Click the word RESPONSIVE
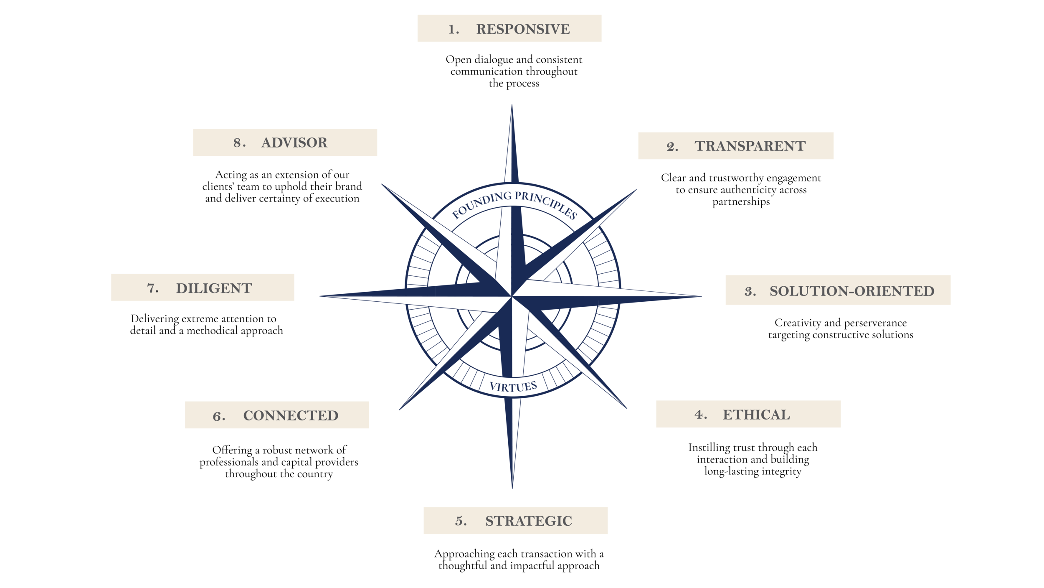click(x=523, y=29)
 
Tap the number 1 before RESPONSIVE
click(x=453, y=30)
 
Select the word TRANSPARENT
click(x=750, y=146)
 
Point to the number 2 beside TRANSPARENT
click(x=672, y=147)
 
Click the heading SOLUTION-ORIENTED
click(x=852, y=291)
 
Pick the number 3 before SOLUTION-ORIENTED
click(x=750, y=292)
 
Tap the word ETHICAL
click(x=756, y=415)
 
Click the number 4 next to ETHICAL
click(x=700, y=415)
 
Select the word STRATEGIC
click(x=528, y=521)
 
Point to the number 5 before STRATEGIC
click(x=461, y=521)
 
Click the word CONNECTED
click(x=291, y=416)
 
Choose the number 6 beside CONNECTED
click(x=219, y=416)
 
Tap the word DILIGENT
click(x=214, y=288)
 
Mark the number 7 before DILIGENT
click(x=152, y=288)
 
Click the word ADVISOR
click(x=294, y=143)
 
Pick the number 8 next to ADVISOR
click(x=239, y=143)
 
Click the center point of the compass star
click(x=512, y=296)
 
